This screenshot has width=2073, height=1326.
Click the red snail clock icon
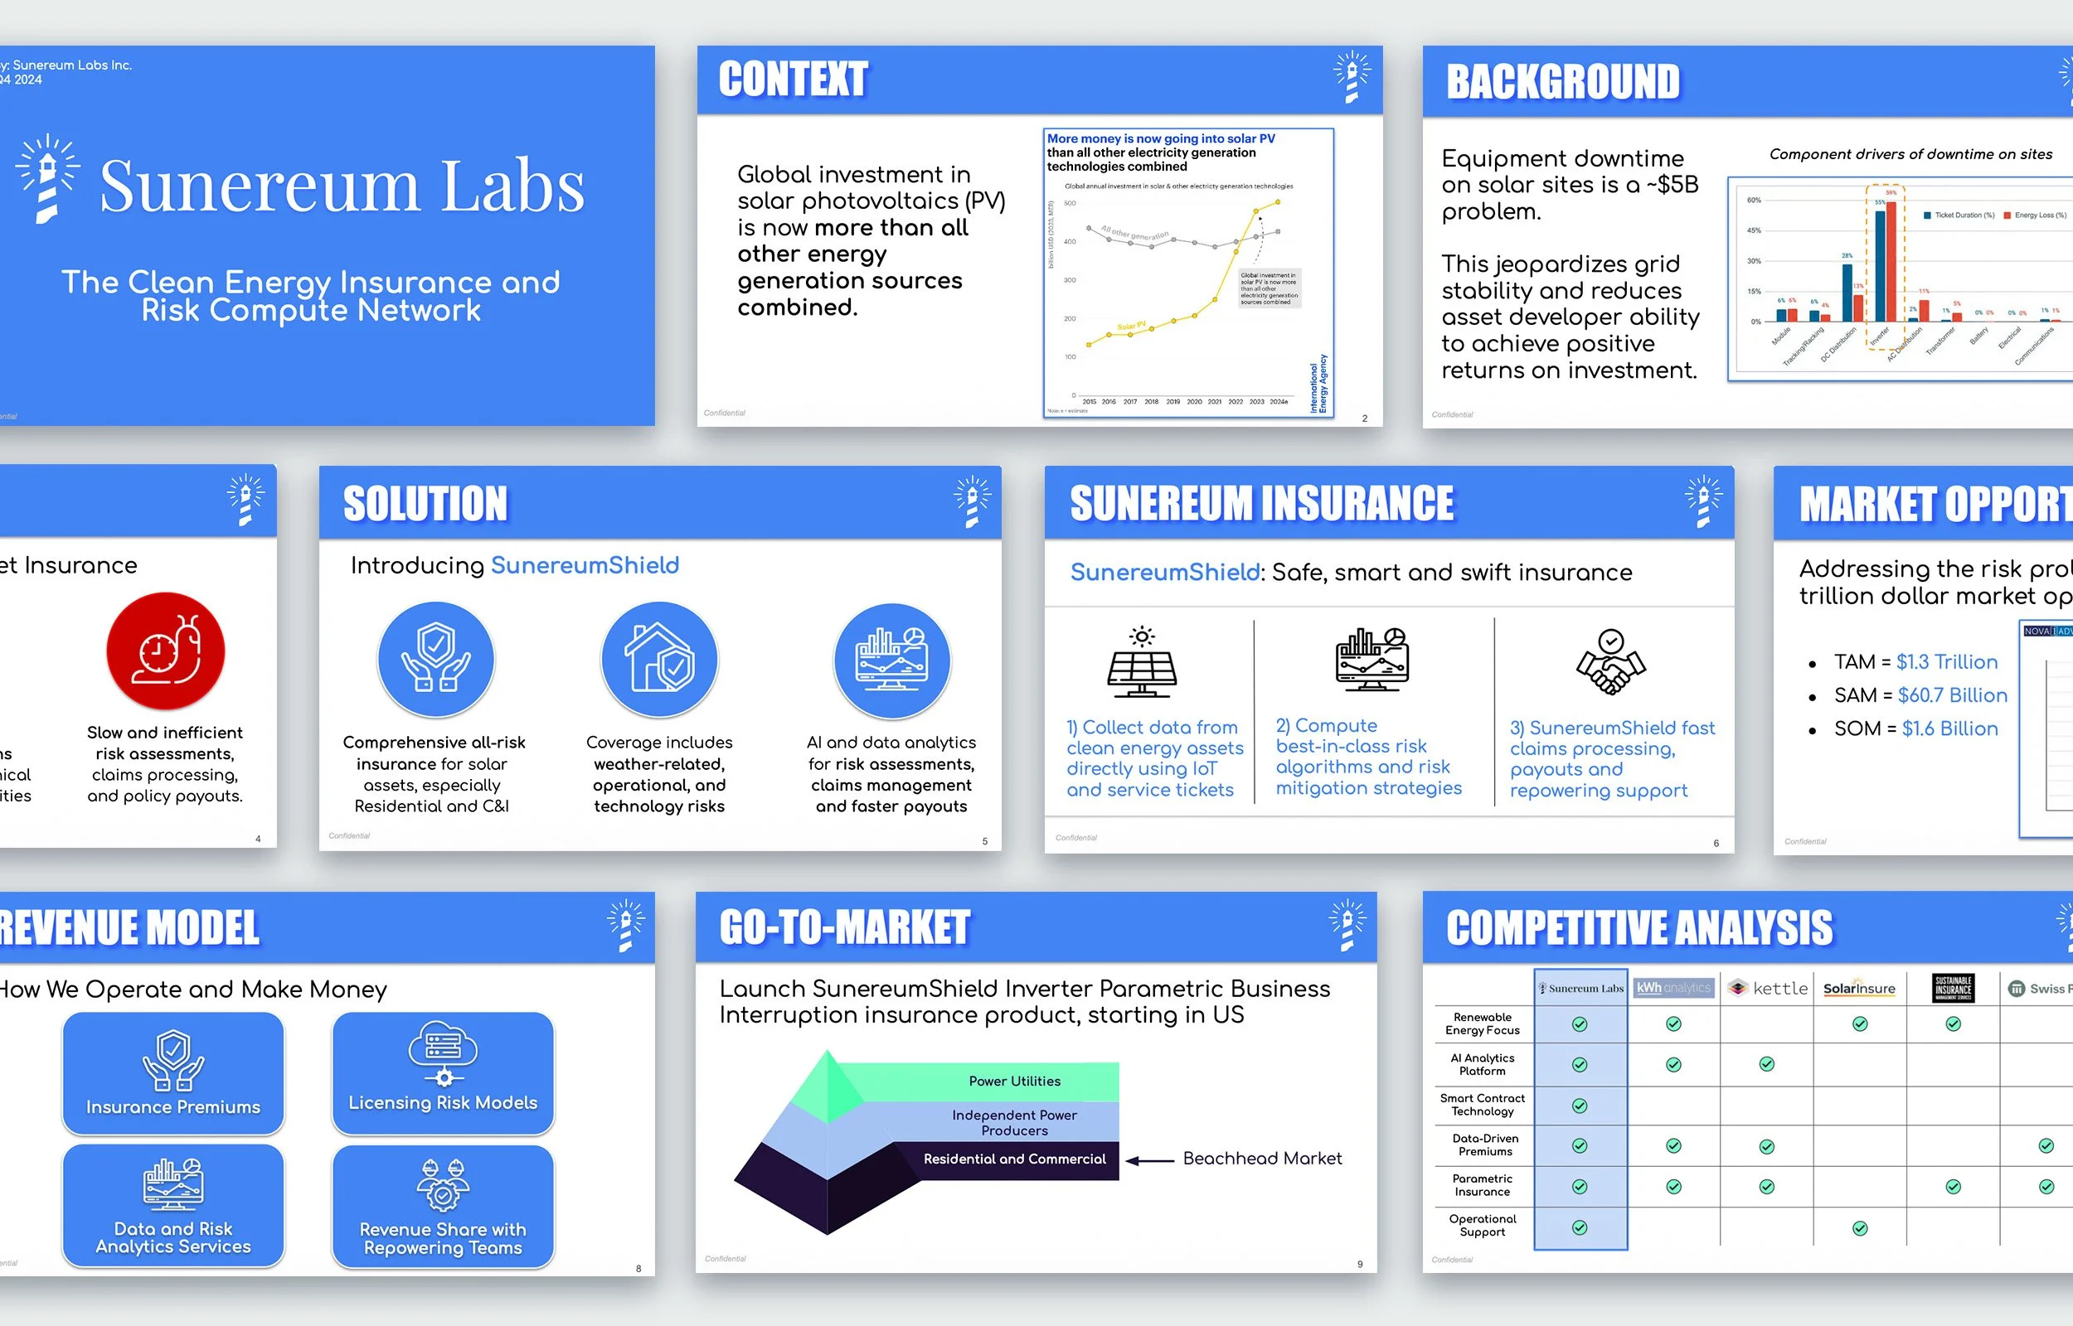click(x=165, y=651)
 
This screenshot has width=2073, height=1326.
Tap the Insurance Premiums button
click(x=173, y=1073)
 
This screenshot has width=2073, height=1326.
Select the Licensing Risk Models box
click(x=443, y=1073)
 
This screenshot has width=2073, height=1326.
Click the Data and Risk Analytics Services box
click(x=173, y=1205)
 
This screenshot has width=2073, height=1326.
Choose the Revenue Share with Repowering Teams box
click(x=443, y=1206)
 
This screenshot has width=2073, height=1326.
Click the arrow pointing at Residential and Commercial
click(x=1149, y=1159)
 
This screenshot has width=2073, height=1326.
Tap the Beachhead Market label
click(x=1262, y=1159)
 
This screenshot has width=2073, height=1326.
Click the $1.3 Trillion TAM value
click(x=1946, y=662)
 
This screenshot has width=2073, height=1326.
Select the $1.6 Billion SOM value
click(x=1949, y=728)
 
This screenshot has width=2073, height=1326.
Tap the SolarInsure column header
click(x=1858, y=989)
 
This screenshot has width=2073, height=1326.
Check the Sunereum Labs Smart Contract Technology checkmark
click(x=1580, y=1106)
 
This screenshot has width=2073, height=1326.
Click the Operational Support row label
click(x=1481, y=1225)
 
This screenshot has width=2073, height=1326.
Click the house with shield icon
click(x=659, y=660)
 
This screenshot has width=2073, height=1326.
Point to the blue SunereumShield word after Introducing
click(x=585, y=566)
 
